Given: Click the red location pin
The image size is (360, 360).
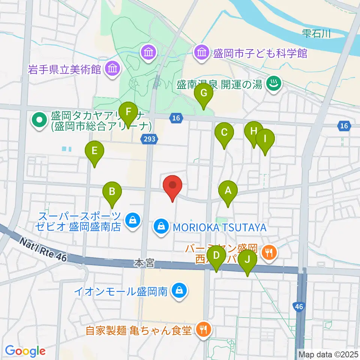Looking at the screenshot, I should tap(172, 185).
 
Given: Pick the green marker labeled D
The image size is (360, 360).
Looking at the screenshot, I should tap(216, 256).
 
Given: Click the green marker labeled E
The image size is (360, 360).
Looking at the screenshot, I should tap(94, 151).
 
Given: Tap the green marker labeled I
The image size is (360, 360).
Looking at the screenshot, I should tap(265, 139).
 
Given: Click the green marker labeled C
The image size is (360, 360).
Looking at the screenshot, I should tap(224, 132).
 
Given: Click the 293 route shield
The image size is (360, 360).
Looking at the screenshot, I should tap(149, 139).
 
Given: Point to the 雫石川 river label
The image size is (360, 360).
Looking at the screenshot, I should tap(316, 34).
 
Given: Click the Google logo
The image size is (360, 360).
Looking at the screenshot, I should tap(25, 351).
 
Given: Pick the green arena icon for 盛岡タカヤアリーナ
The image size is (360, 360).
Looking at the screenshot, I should tap(39, 120).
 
